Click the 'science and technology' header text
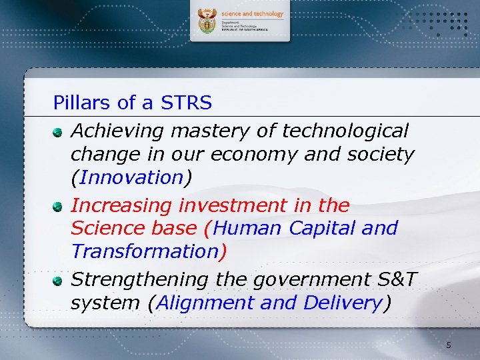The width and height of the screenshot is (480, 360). (x=253, y=13)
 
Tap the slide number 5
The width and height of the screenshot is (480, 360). (x=449, y=345)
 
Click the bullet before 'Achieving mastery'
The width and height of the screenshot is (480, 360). (x=59, y=131)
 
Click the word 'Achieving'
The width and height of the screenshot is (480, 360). (x=117, y=131)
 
